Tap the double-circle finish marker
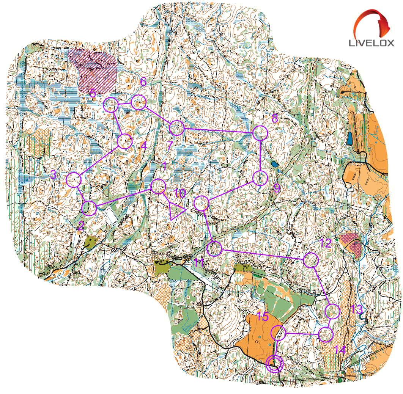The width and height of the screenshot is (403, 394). (274, 364)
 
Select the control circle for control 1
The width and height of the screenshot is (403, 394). (158, 186)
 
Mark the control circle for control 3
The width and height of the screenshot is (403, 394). (74, 180)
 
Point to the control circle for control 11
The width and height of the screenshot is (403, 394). (215, 249)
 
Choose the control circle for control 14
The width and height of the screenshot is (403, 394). (325, 335)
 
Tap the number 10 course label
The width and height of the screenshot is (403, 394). (180, 194)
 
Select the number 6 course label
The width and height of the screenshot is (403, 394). (143, 82)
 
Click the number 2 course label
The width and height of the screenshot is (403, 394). (80, 226)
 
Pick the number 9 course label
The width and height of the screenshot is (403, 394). (277, 187)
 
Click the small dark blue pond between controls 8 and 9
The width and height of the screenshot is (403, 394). (274, 165)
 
